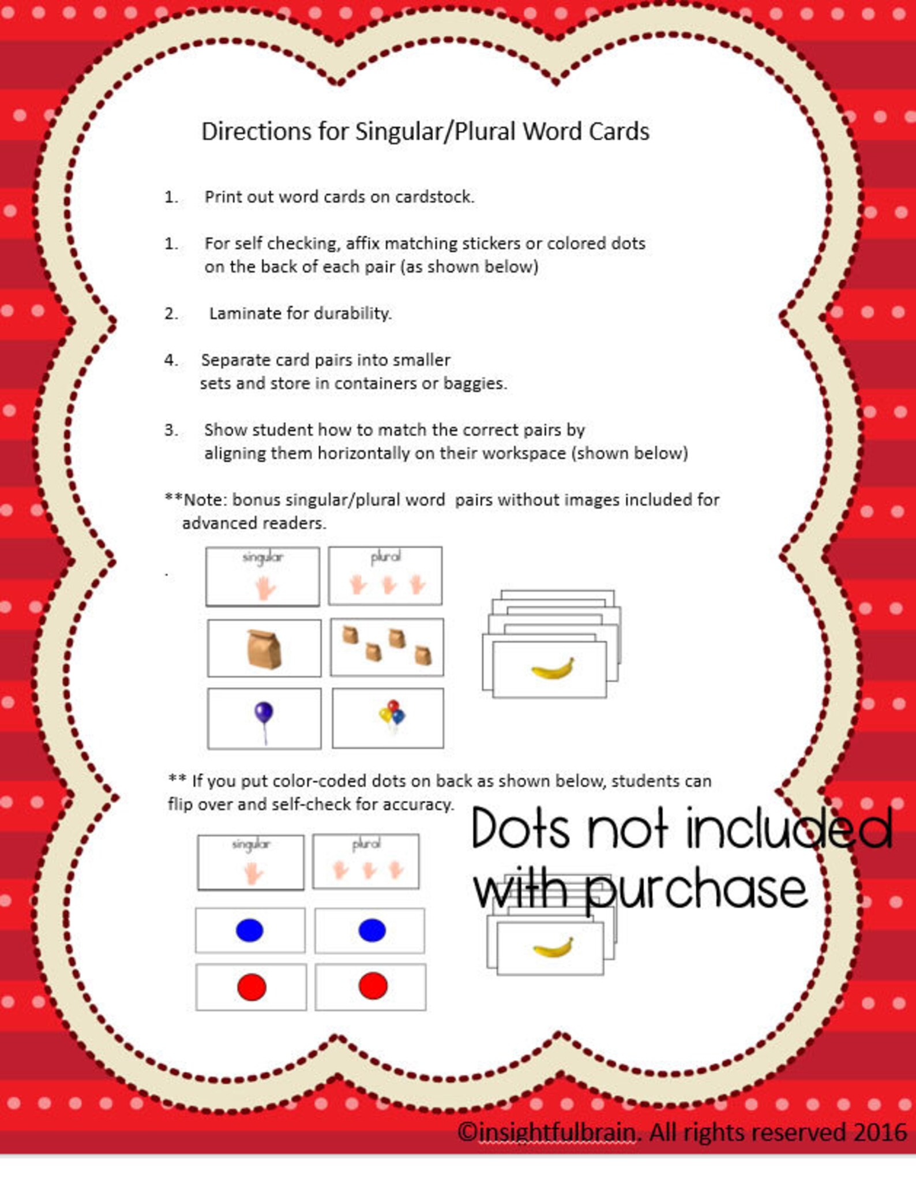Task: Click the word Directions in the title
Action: (x=256, y=132)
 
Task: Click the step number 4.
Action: (x=170, y=360)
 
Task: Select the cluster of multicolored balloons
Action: (x=392, y=715)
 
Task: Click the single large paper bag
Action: (x=264, y=649)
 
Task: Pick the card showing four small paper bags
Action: (x=386, y=646)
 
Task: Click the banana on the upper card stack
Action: (x=552, y=669)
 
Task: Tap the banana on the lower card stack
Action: (x=553, y=948)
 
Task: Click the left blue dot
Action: (x=250, y=930)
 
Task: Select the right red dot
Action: (x=373, y=986)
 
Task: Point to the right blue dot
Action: (x=372, y=930)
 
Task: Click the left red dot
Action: (x=251, y=986)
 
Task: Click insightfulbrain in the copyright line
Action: (x=557, y=1132)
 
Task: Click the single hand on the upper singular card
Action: (x=265, y=588)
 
